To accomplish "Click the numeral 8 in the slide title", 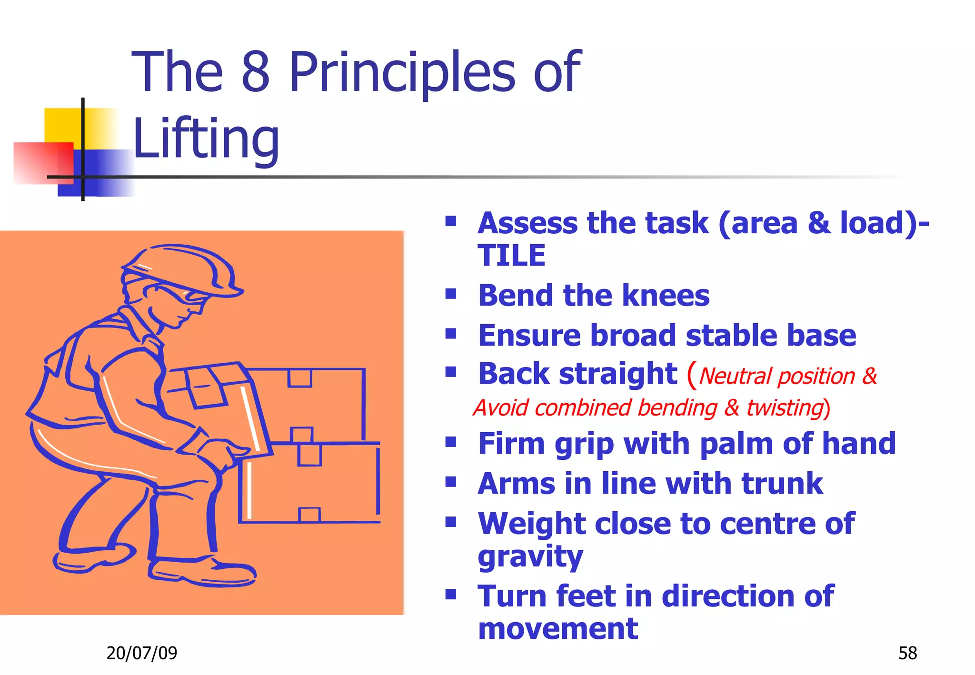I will (256, 72).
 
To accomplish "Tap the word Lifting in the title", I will (206, 139).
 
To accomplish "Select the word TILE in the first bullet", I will (511, 256).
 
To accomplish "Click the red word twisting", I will (785, 408).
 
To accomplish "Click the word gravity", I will (530, 557).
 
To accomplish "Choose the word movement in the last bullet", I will (558, 629).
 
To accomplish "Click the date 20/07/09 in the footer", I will (141, 653).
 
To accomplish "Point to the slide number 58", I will (907, 653).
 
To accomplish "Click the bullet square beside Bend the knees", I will (451, 294).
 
